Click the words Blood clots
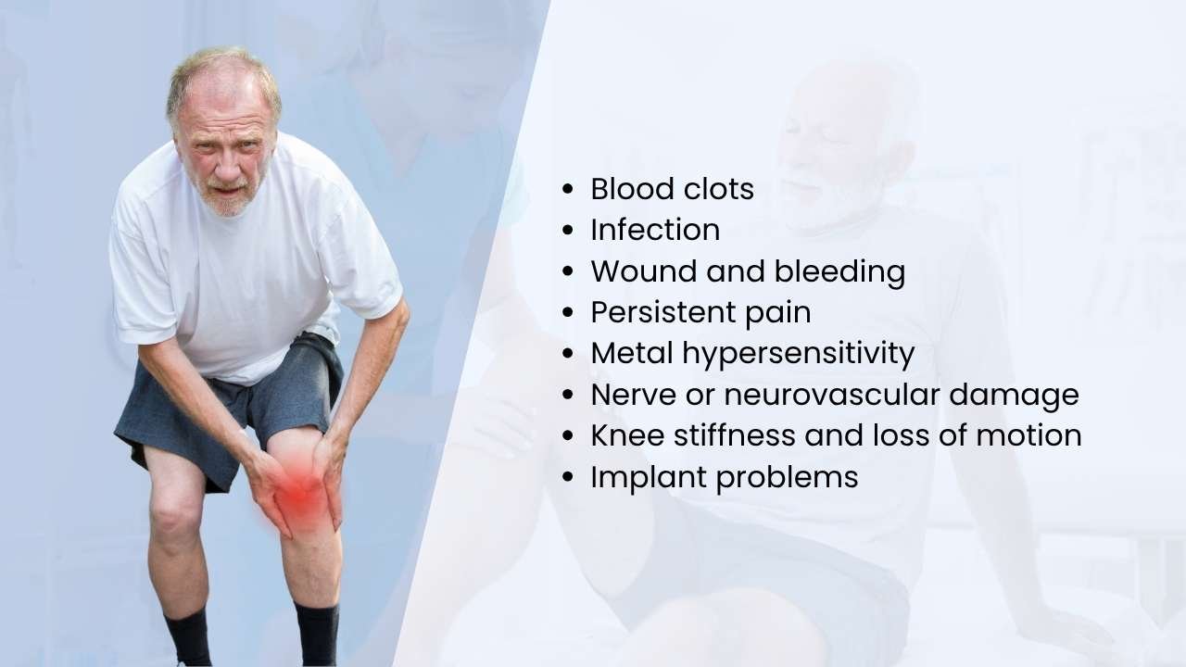(x=672, y=189)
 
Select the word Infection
(x=655, y=230)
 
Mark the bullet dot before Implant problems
(x=568, y=478)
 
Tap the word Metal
(x=629, y=353)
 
